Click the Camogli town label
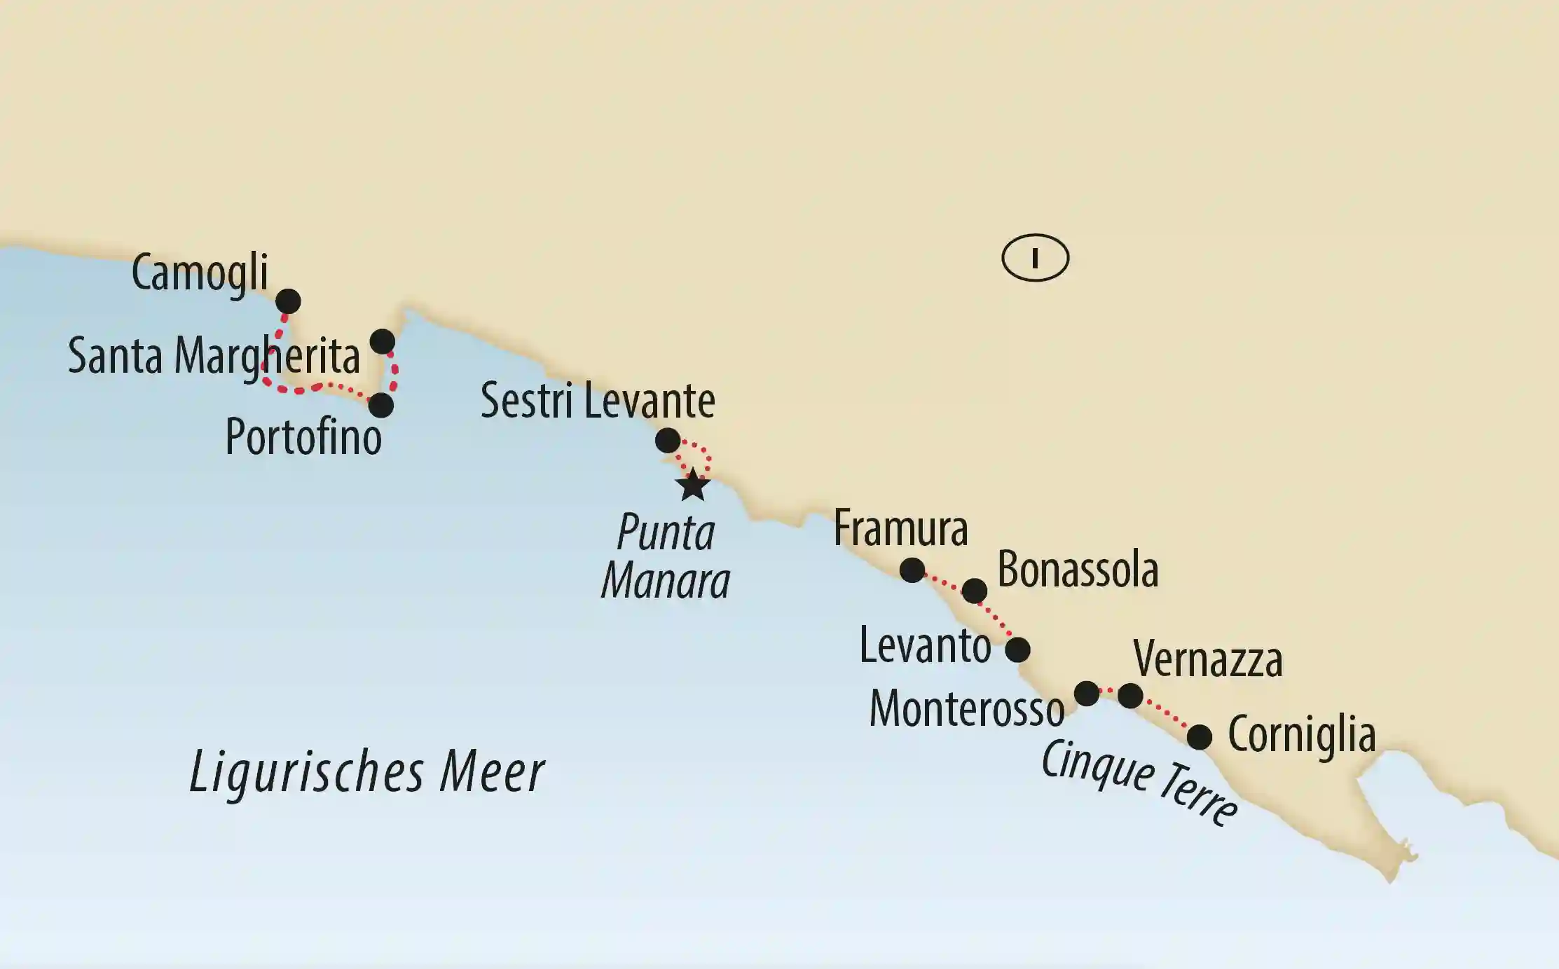[200, 273]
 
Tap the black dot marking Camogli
[288, 301]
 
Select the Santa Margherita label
[214, 356]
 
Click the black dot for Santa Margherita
[382, 341]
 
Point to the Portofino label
[303, 437]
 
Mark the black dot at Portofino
[380, 405]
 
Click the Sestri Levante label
[598, 401]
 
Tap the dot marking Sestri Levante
[667, 440]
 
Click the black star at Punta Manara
[693, 485]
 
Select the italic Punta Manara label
[666, 557]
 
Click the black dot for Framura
[912, 570]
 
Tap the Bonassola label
[1078, 570]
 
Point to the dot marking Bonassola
[974, 591]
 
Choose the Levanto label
[925, 645]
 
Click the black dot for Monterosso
[1087, 694]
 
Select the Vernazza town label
[1208, 659]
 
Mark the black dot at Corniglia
[1199, 736]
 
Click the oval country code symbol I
[1035, 258]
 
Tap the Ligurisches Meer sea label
[366, 772]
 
